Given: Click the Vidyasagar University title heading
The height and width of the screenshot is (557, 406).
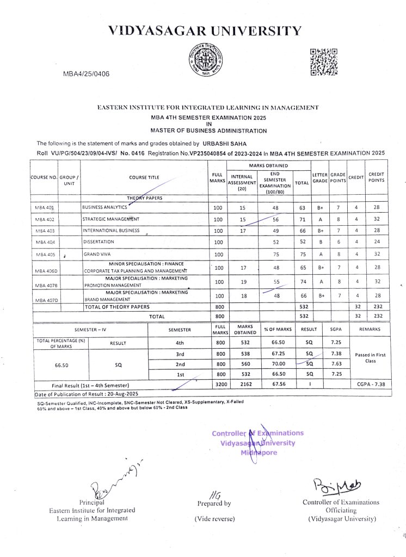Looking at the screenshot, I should [x=204, y=30].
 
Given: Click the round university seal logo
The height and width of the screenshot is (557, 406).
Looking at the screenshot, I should [x=206, y=61].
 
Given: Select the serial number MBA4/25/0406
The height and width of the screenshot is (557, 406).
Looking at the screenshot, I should [x=87, y=74].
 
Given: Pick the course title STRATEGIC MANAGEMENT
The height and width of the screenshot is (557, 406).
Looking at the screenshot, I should [x=110, y=219].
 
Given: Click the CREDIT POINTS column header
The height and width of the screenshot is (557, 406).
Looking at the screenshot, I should [x=376, y=178].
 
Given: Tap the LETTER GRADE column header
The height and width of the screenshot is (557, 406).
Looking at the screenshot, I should [x=319, y=178].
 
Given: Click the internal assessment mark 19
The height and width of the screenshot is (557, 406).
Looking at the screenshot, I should [x=243, y=282].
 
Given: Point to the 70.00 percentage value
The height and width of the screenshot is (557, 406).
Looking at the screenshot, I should [x=278, y=364].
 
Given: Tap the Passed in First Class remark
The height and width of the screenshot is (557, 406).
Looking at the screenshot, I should [x=370, y=357].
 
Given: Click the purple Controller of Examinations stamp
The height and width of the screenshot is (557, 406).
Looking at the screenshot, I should [x=258, y=443].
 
